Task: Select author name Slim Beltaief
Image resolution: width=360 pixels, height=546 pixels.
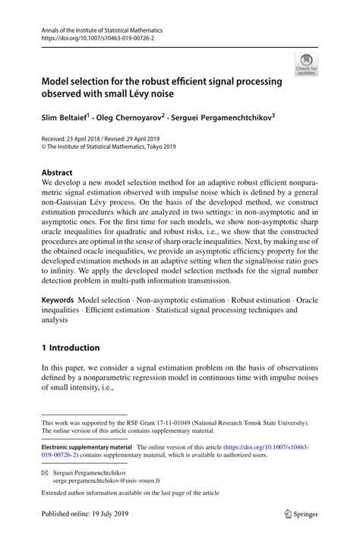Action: point(65,118)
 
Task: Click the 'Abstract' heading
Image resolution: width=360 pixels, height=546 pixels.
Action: point(58,172)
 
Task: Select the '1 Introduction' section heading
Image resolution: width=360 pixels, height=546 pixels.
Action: point(71,348)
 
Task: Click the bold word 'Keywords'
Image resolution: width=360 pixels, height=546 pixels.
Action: point(58,301)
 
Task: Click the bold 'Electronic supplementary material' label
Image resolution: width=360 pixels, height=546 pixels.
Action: point(87,448)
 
